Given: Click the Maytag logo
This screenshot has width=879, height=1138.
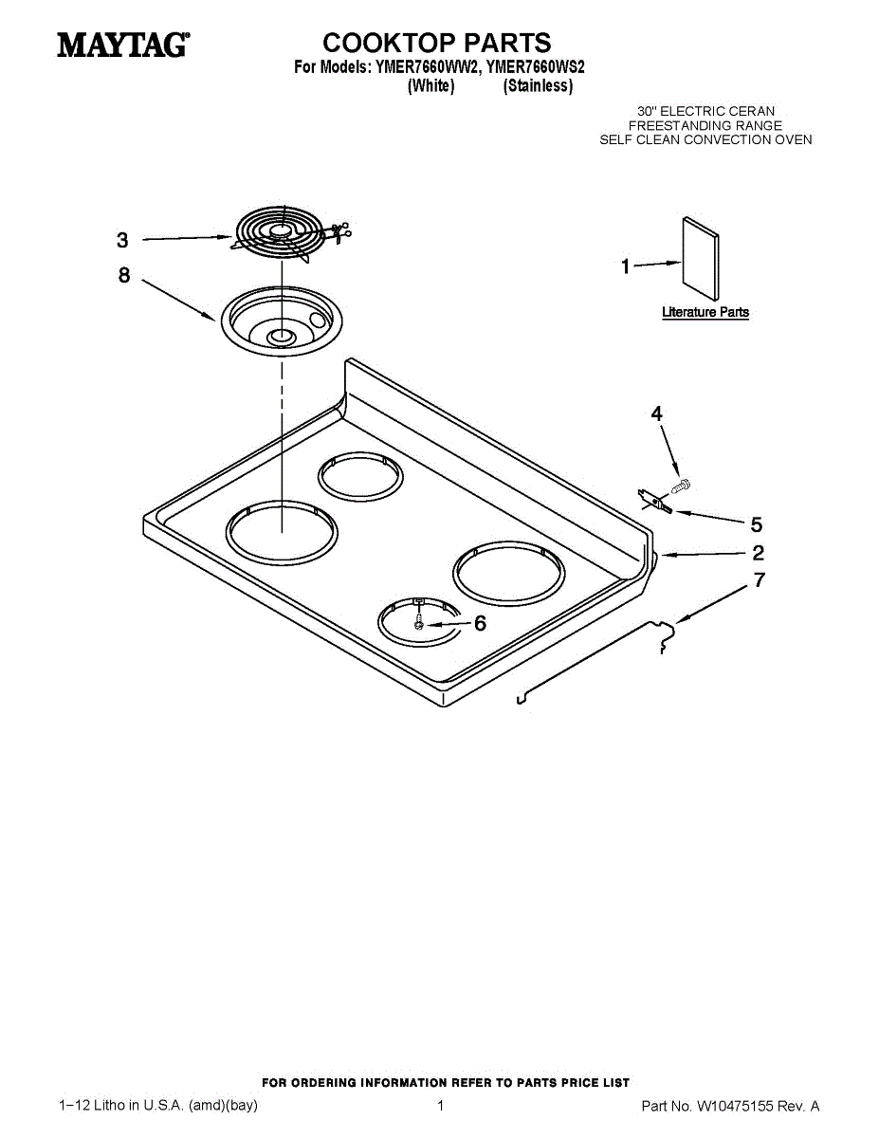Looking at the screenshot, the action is pos(123,45).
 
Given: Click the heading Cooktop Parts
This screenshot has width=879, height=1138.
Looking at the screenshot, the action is pos(436,43).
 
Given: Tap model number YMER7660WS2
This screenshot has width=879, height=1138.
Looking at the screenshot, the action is pos(536,67).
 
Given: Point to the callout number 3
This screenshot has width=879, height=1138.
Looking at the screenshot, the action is pos(122,240).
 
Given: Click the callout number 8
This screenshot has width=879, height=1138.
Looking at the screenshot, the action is pos(124,275).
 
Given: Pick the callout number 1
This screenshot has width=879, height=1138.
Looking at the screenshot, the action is pos(626,266).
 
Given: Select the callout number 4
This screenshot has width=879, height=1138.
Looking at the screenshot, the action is pos(656,413).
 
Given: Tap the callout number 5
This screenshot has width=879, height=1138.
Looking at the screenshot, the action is pos(757,524).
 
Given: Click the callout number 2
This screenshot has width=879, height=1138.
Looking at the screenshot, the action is pos(758,553).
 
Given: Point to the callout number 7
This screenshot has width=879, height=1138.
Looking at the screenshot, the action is pos(760,579).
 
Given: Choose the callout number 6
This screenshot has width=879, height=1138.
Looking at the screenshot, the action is pos(480,623).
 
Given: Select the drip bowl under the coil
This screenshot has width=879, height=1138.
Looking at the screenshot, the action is pos(281,321).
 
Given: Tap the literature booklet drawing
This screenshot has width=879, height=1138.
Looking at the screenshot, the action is pos(701,259).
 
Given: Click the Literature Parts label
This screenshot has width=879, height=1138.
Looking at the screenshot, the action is pos(705,312).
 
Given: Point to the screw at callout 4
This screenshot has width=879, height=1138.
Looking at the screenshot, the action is pos(681,486).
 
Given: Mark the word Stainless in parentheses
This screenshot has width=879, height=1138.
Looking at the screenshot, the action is pos(539,85).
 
